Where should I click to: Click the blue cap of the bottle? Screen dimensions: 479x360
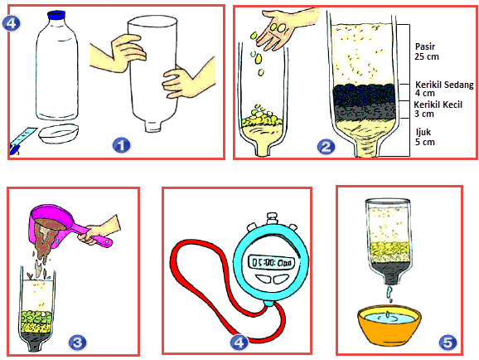point(56,15)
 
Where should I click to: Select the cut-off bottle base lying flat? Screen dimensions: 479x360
point(58,134)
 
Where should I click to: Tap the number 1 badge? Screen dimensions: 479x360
point(121,145)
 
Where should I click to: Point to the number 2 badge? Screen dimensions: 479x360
point(327,147)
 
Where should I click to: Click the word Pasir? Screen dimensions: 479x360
point(425,46)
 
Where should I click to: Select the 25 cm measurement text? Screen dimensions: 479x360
point(427,56)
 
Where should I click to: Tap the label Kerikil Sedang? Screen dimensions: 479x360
point(444,85)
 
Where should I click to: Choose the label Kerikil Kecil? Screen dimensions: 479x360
point(438,105)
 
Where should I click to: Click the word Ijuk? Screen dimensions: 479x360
point(423,133)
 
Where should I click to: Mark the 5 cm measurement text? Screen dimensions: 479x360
point(425,142)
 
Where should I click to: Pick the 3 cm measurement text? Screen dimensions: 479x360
point(424,114)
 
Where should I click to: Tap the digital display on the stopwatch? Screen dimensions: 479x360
point(271,262)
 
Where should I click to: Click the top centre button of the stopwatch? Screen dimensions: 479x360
point(272,218)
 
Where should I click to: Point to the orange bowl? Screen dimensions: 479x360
point(389,325)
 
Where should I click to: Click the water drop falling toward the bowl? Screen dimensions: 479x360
point(389,293)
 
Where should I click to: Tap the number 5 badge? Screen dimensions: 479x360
point(448,343)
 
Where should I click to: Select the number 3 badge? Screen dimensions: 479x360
point(77,343)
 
